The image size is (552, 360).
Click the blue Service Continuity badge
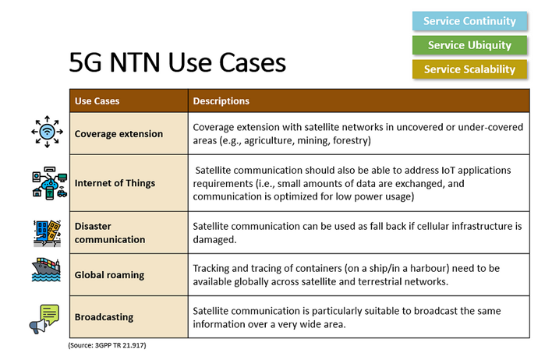click(469, 21)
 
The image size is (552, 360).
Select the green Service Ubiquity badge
click(469, 45)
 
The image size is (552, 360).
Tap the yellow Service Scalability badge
click(469, 69)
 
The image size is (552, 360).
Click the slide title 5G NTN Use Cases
click(178, 62)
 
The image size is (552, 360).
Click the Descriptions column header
click(221, 101)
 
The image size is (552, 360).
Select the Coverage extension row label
click(119, 133)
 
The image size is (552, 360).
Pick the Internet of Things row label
click(115, 183)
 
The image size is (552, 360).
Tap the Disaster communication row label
click(110, 233)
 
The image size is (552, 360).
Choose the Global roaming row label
click(110, 274)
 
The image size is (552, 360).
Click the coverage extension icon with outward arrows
click(47, 133)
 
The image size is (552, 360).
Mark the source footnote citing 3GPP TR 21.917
click(108, 344)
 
